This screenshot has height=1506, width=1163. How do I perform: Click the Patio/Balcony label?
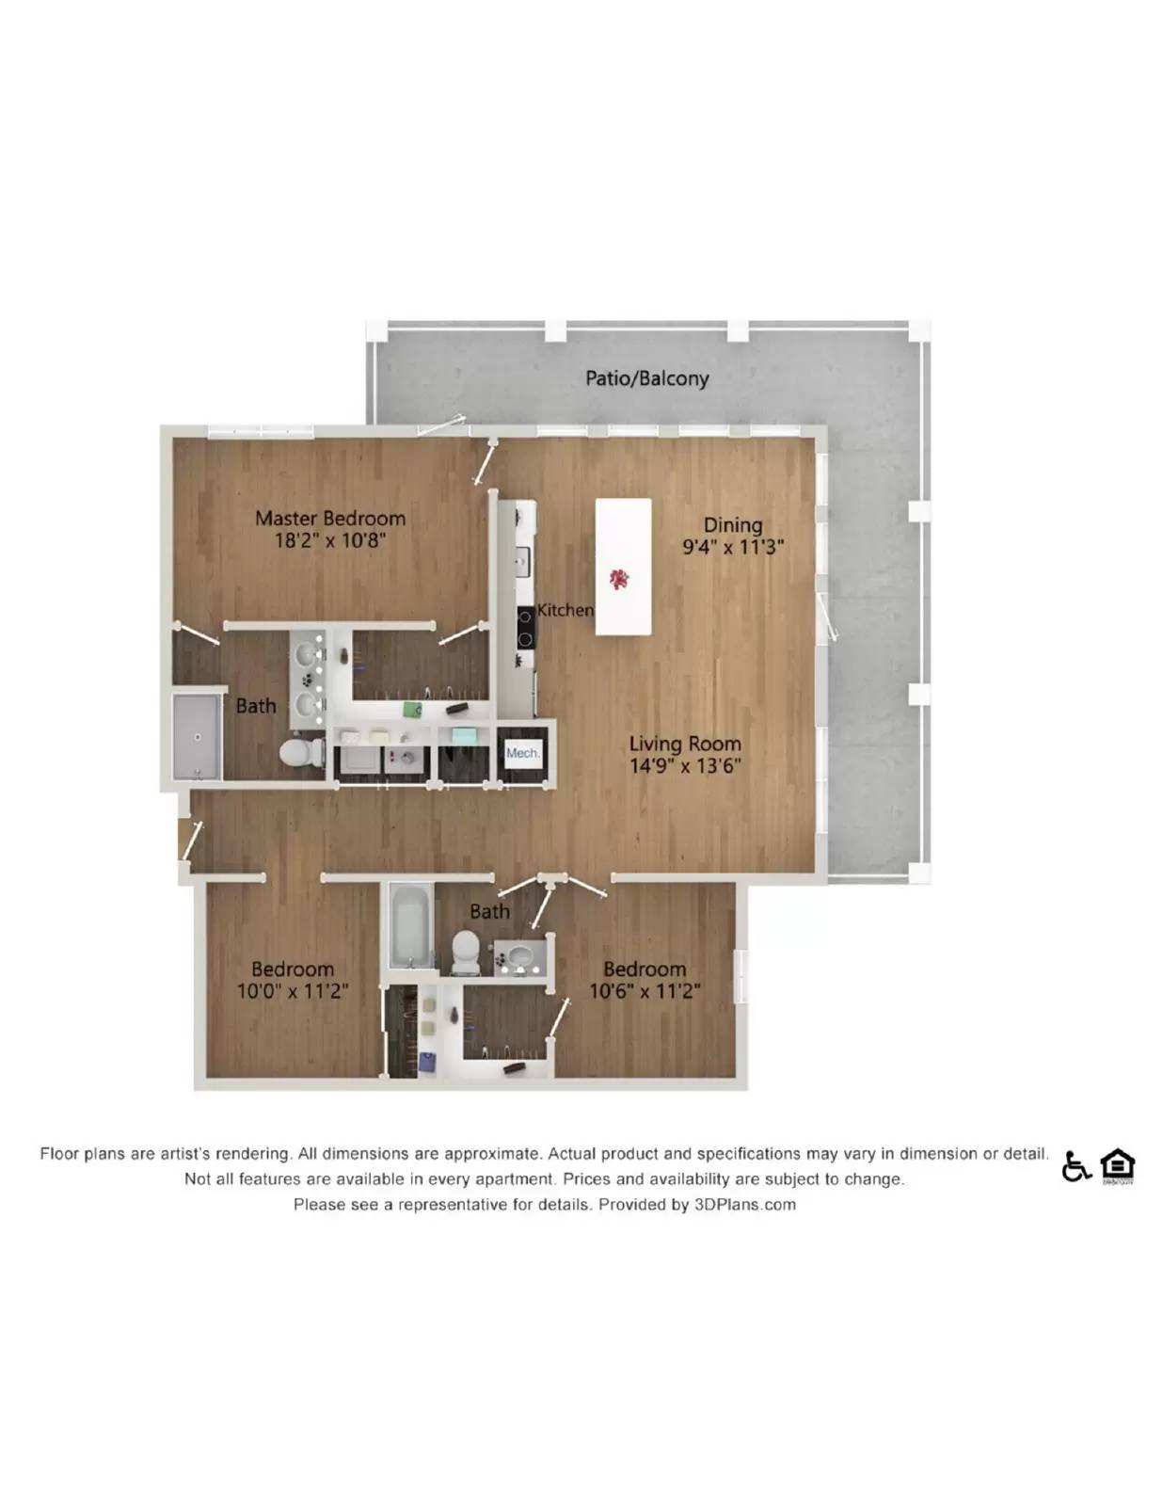point(646,378)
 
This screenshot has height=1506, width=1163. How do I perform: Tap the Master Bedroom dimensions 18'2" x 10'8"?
point(330,540)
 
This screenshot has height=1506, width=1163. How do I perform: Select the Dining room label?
point(733,524)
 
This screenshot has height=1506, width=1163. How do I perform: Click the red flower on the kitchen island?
point(619,578)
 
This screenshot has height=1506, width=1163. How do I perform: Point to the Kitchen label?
point(565,610)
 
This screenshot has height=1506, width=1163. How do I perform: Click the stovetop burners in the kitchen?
point(525,628)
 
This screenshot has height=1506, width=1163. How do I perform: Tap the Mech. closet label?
point(522,753)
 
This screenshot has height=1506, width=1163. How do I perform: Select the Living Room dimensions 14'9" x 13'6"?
point(685,765)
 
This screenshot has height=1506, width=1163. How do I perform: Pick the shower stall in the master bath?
point(197,737)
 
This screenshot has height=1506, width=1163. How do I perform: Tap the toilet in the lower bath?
point(465,951)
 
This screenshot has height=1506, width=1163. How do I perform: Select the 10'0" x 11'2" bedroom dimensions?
point(293,990)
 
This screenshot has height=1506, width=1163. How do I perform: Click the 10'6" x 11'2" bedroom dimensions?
point(645,990)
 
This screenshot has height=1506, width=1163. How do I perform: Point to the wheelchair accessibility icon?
point(1075,1166)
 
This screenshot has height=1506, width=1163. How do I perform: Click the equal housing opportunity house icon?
point(1117,1165)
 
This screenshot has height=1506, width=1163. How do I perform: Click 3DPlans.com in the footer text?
point(744,1204)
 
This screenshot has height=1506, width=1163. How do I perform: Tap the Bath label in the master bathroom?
point(256,706)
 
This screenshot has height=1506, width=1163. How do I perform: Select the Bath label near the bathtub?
point(489,911)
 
